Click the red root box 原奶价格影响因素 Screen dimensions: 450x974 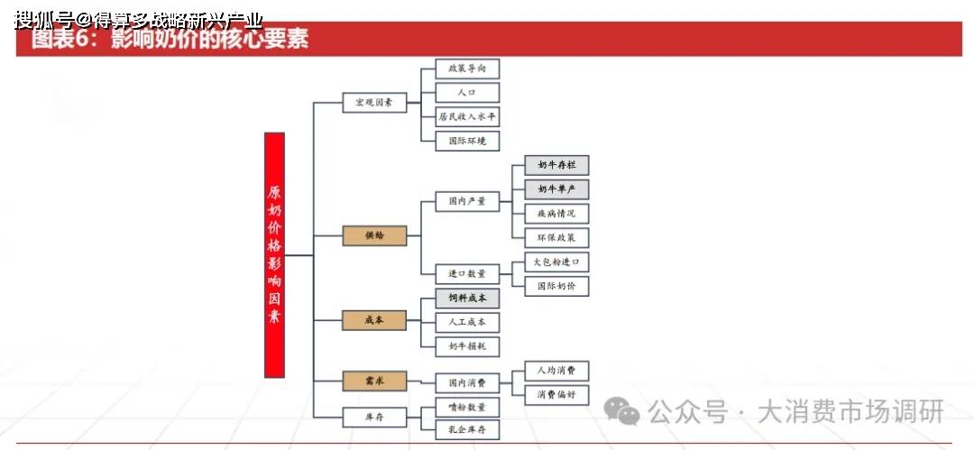[x=274, y=254]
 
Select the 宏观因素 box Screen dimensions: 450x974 [x=374, y=102]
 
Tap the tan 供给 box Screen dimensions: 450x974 [x=374, y=235]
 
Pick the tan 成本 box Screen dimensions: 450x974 [x=374, y=319]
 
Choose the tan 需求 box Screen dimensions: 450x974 [x=374, y=381]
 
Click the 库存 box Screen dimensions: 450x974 [x=374, y=417]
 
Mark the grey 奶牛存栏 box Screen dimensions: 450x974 [x=556, y=165]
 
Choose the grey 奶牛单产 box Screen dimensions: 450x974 [x=556, y=189]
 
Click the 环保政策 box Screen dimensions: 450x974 [x=556, y=238]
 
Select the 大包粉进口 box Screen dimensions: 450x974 [x=556, y=262]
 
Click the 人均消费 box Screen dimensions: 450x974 [x=556, y=371]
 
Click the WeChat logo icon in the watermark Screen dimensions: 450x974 [x=622, y=412]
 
